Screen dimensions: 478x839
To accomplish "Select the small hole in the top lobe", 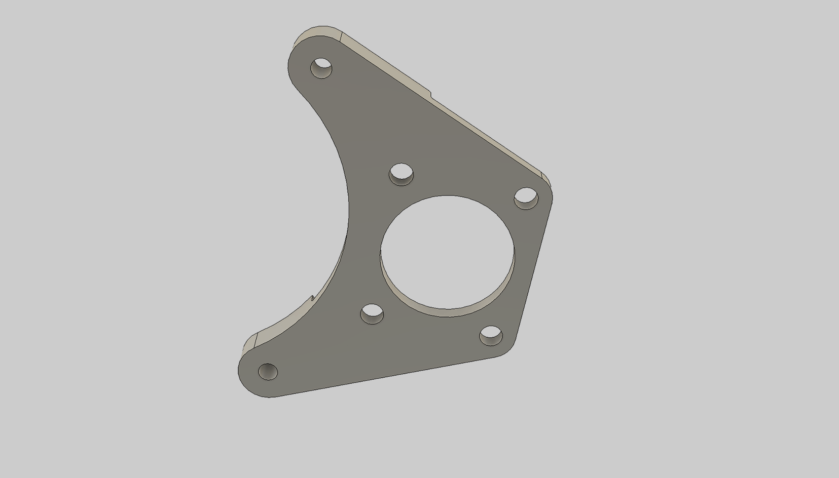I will [x=321, y=68].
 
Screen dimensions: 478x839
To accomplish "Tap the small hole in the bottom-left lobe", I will [x=268, y=371].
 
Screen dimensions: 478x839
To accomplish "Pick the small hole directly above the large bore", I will [x=401, y=174].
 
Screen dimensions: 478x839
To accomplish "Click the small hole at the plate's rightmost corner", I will [x=526, y=198].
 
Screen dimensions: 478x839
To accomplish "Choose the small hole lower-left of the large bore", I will [x=372, y=314].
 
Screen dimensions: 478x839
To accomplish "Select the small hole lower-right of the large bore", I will [x=491, y=336].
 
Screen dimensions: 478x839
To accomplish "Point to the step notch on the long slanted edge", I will [x=430, y=93].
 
